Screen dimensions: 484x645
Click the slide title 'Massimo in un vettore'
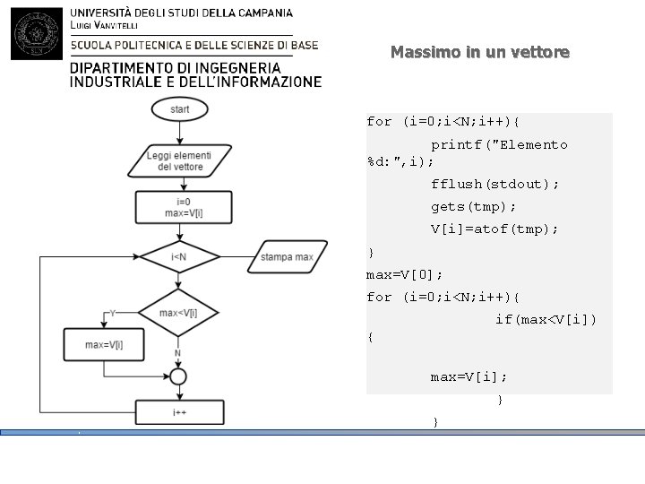(480, 52)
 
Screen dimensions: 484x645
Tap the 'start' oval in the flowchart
(179, 109)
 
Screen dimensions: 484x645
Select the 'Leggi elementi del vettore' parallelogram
(179, 160)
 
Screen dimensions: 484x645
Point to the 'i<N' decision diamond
(178, 257)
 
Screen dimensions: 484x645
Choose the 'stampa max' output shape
(287, 257)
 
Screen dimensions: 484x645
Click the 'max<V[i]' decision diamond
(178, 313)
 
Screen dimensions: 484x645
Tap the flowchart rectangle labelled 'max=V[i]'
(103, 344)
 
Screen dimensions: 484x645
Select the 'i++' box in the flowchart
(179, 412)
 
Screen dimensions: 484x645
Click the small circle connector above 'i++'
(178, 376)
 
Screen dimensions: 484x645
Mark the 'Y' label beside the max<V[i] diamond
(112, 313)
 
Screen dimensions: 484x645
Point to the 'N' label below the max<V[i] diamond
(177, 353)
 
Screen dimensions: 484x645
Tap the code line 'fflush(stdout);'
(494, 184)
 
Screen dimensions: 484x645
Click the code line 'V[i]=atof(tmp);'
(494, 229)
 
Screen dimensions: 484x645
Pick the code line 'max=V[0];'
(405, 273)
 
